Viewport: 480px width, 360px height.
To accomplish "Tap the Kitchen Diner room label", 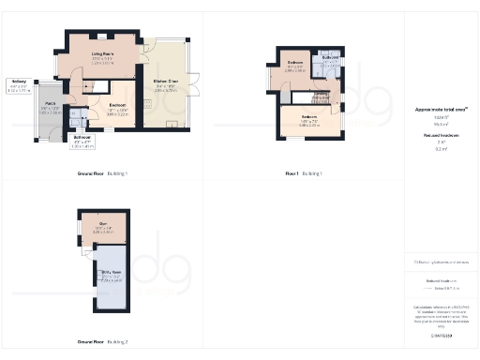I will click(166, 81).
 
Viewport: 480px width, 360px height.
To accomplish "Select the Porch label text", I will click(50, 103).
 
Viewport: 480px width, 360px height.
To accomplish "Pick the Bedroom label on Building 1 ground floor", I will click(117, 104).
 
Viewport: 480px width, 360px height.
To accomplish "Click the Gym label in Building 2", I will click(103, 224).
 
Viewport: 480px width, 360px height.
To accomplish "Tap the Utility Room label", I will click(111, 273).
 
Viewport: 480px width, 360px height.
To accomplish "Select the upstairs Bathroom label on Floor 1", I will click(330, 57).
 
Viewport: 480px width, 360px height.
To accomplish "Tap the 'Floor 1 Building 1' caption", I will click(304, 174).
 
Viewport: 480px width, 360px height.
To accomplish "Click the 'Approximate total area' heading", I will click(441, 110).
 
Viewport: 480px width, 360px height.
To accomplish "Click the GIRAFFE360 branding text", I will click(441, 335).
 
